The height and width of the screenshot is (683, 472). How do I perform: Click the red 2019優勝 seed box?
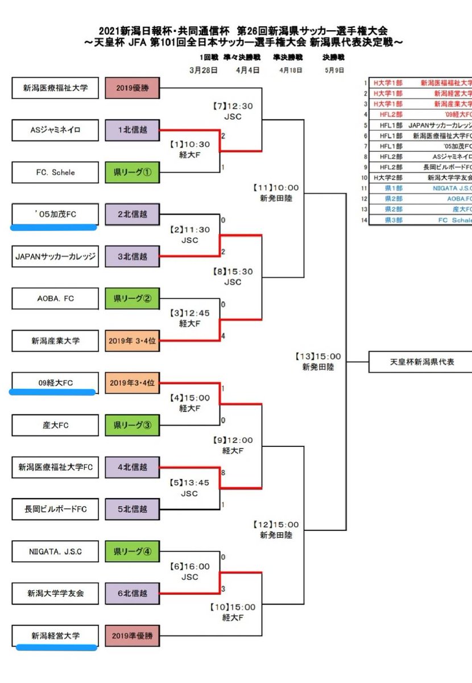[133, 88]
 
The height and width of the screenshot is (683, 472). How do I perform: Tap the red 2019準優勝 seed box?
[133, 635]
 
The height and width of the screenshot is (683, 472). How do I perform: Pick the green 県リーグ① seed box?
[133, 172]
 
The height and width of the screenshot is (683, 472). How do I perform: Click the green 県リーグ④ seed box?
[133, 551]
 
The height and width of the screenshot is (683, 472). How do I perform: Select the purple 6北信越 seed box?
[133, 593]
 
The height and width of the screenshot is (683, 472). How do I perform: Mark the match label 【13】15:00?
[318, 357]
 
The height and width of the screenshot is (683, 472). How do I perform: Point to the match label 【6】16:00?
[189, 567]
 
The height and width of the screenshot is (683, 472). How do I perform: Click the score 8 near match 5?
[223, 472]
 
